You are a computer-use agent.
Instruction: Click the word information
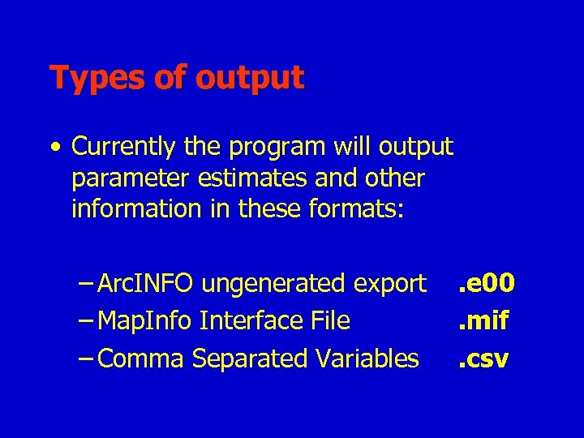click(135, 208)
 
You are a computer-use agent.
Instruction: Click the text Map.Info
click(145, 321)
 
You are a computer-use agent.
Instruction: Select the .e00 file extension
click(486, 283)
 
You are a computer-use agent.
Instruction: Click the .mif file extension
click(482, 320)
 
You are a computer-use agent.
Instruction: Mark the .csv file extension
click(482, 358)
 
